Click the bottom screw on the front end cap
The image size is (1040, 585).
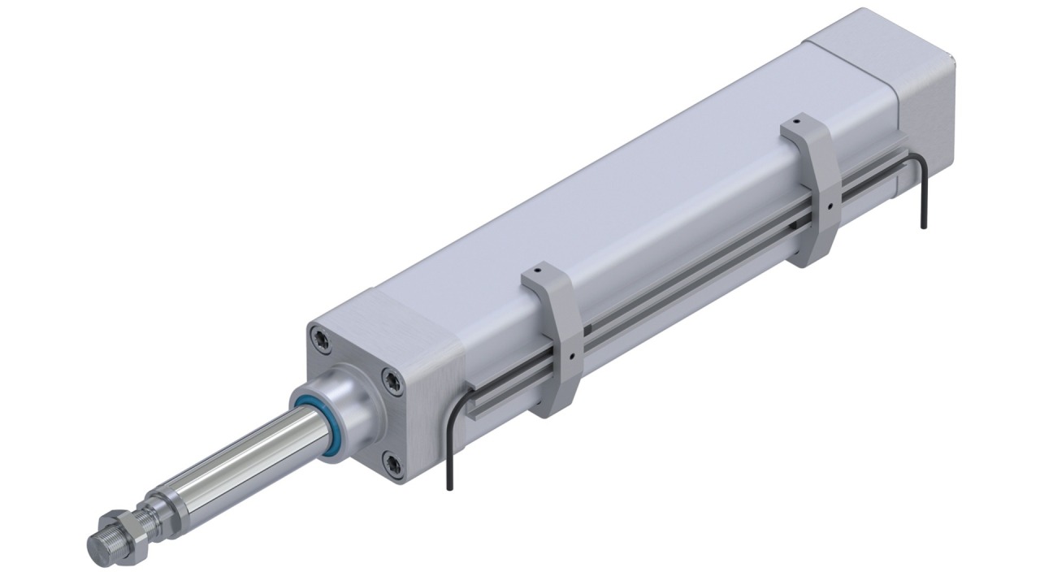394,464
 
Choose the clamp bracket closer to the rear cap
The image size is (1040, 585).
812,191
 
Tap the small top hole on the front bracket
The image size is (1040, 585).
538,267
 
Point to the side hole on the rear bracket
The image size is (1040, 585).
830,206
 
